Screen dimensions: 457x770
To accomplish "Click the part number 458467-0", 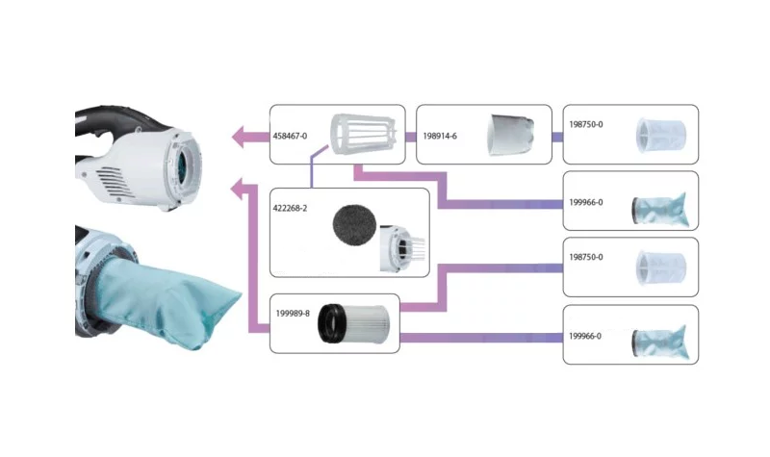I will pyautogui.click(x=291, y=137).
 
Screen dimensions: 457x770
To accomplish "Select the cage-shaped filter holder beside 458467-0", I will pyautogui.click(x=360, y=136).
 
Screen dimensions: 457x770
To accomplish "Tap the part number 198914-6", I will pyautogui.click(x=440, y=137).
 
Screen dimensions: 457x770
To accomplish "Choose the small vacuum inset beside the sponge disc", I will pyautogui.click(x=396, y=245).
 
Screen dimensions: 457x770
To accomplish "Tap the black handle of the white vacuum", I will pyautogui.click(x=106, y=125).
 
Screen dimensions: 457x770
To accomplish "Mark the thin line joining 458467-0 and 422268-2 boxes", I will pyautogui.click(x=312, y=173).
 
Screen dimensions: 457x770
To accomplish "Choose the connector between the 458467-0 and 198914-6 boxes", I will pyautogui.click(x=411, y=137).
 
